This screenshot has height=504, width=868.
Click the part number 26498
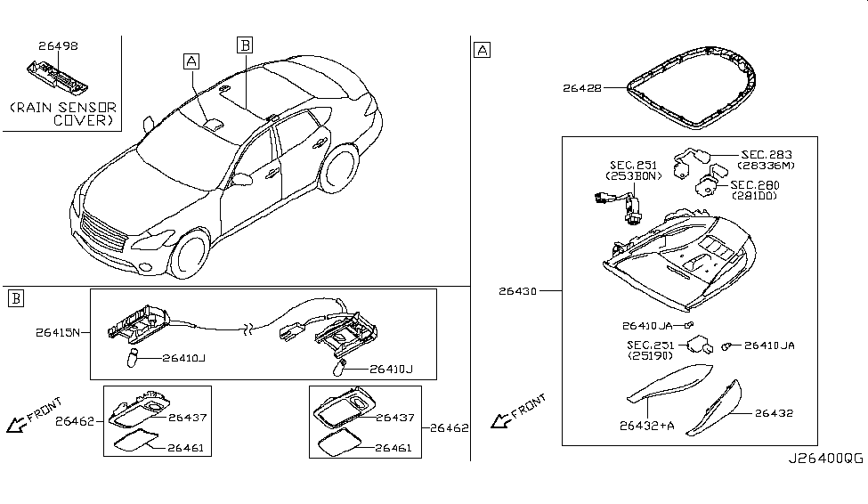tap(57, 44)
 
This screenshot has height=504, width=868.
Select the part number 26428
tap(582, 88)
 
